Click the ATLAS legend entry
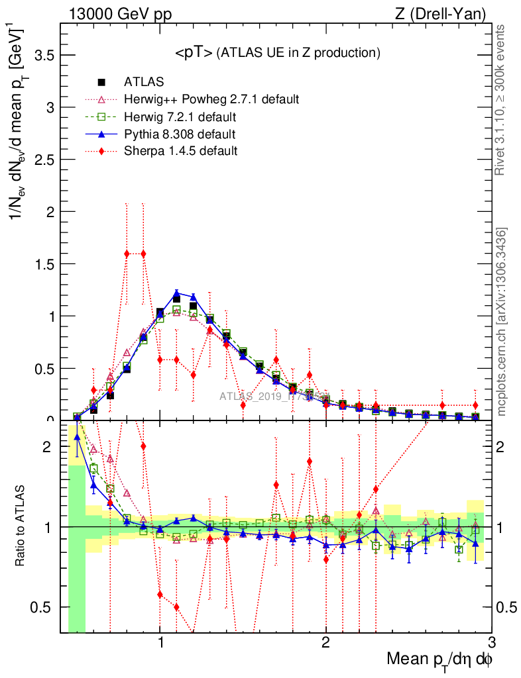coord(144,82)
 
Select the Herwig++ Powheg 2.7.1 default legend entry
coord(211,99)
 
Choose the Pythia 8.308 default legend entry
coord(180,134)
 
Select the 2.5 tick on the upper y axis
coord(44,160)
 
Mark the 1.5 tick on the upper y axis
coord(44,264)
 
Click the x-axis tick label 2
coord(326,642)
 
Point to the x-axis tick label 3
coord(491,642)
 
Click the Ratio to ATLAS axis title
coord(22,526)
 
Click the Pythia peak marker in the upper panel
coord(177,293)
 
